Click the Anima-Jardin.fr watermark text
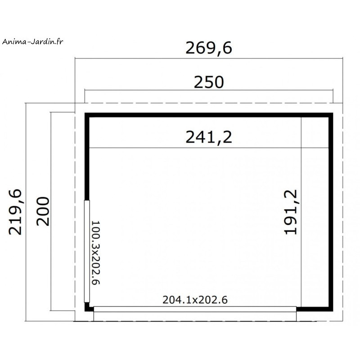point(32,41)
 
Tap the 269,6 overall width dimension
point(209,48)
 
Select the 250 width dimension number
point(209,82)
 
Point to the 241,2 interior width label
point(209,137)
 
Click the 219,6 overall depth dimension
point(15,212)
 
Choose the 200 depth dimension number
point(43,211)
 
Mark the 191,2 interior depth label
point(291,212)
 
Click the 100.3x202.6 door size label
point(96,253)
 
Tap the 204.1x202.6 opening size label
point(195,300)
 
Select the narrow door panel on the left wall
point(87,251)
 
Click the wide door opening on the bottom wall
point(195,309)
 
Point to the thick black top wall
point(209,115)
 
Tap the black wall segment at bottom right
point(315,309)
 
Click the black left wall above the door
point(87,157)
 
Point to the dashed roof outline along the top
point(209,103)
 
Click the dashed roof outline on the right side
point(342,212)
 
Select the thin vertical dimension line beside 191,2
point(301,212)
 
